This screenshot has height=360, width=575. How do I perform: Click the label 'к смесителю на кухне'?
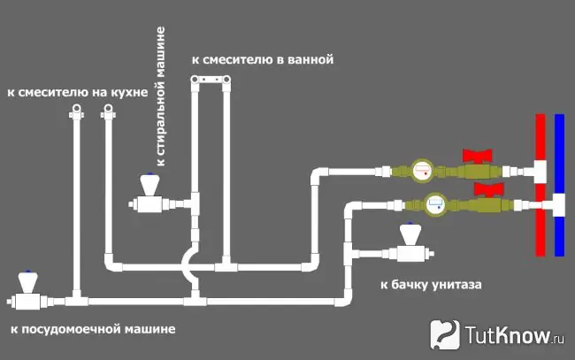77,92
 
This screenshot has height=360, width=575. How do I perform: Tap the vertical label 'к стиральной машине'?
161,96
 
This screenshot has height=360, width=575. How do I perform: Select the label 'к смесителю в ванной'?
263,59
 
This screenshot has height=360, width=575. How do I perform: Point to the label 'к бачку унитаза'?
431,285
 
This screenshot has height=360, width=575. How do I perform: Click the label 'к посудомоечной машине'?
93,329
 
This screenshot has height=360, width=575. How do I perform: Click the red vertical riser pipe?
540,185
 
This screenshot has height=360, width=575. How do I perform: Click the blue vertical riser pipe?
559,185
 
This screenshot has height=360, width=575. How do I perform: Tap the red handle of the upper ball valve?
477,156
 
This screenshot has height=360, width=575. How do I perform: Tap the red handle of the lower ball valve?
488,188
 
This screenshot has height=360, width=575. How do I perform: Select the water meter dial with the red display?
422,171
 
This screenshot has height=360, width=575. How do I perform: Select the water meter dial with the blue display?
436,203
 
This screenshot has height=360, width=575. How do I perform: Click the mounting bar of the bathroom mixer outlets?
211,80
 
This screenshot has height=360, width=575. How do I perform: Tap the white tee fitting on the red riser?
536,172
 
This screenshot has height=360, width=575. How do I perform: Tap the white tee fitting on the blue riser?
555,205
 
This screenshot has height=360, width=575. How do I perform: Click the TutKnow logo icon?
445,334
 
